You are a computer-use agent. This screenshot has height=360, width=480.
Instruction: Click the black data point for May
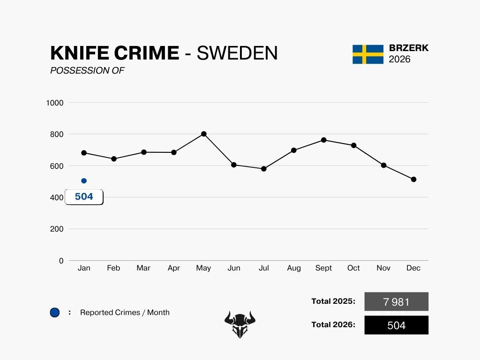[203, 134]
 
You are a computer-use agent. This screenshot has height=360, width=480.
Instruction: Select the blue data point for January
[84, 181]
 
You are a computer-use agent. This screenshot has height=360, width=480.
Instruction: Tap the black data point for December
[413, 180]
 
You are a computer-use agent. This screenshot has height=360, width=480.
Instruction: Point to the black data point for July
[264, 169]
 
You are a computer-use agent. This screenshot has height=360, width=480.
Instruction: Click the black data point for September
[323, 140]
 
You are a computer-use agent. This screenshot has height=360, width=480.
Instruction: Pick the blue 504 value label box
[84, 197]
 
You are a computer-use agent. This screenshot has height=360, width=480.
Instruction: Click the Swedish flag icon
[368, 54]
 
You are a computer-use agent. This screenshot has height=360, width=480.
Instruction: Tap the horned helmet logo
[240, 324]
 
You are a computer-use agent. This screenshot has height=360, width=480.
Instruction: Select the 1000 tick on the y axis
[55, 103]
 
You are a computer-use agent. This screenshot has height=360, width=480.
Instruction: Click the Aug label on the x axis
[294, 268]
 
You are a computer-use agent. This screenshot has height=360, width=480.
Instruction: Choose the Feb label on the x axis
[113, 268]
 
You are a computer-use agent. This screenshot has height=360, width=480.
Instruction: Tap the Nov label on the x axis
[383, 268]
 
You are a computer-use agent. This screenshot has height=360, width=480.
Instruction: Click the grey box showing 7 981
[396, 302]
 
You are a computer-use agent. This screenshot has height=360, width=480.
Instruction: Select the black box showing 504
[396, 325]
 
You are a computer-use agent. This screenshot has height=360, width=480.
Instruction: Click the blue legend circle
[55, 313]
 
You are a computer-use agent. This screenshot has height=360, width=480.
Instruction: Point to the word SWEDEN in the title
[237, 53]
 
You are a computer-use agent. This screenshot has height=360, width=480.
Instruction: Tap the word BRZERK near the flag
[409, 48]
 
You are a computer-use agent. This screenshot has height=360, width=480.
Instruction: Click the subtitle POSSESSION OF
[87, 71]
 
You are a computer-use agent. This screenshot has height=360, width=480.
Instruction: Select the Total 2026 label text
[333, 324]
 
